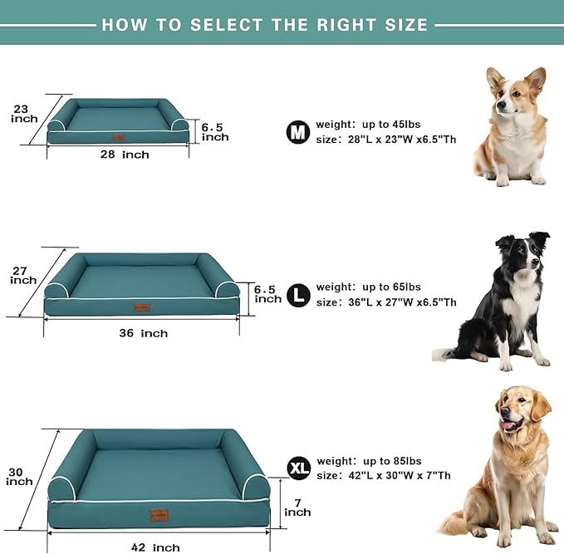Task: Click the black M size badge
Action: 297,131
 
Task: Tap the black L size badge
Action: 297,294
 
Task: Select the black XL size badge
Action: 298,468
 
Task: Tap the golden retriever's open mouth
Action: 510,425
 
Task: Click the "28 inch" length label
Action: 125,154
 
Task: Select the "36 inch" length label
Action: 142,333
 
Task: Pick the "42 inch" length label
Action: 154,547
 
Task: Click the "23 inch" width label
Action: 23,113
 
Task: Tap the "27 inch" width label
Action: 23,275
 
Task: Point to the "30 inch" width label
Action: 20,477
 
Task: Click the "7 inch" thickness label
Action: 297,507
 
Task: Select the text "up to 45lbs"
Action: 391,125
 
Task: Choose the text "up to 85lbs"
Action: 392,461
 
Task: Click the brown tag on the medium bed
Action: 119,138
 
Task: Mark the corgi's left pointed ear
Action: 494,79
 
